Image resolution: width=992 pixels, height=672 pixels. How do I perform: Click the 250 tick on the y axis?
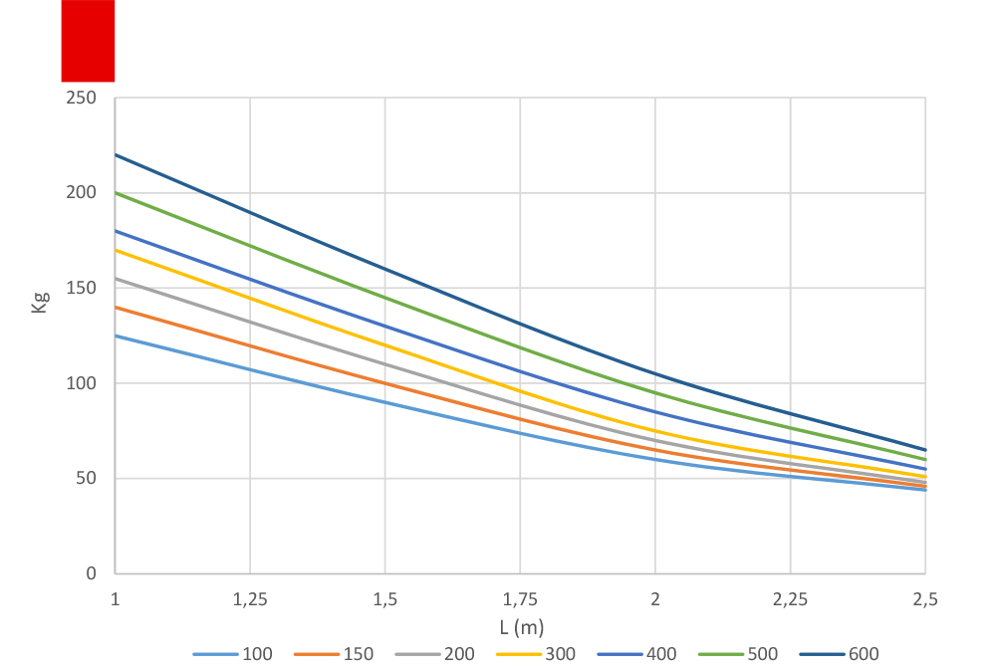click(83, 98)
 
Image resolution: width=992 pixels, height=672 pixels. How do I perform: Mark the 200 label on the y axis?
click(83, 193)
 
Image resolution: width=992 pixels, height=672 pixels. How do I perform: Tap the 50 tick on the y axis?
click(87, 479)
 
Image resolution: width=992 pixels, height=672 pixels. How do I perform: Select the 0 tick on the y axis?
click(92, 573)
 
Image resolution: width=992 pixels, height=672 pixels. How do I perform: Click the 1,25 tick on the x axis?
click(250, 600)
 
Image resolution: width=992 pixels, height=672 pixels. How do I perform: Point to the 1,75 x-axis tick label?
click(520, 600)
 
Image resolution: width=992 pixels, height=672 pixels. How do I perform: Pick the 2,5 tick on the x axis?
click(925, 600)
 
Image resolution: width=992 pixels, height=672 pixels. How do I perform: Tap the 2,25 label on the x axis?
click(790, 600)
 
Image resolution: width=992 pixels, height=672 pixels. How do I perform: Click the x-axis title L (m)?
click(521, 628)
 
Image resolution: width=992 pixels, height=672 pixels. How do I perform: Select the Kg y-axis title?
click(40, 303)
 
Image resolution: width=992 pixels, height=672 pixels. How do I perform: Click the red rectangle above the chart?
click(88, 40)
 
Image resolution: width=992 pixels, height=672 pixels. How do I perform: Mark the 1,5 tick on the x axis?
click(385, 600)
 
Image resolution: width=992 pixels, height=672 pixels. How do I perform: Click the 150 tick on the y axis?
click(83, 289)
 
